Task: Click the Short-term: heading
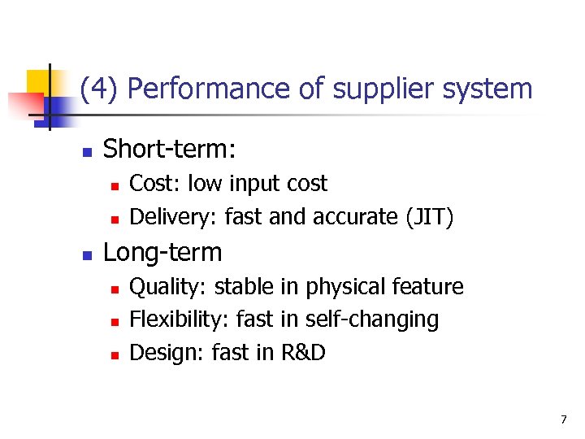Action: point(169,149)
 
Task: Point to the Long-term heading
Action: point(162,252)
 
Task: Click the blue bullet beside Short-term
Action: point(86,150)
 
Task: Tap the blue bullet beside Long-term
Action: point(86,254)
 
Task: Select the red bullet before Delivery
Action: point(115,219)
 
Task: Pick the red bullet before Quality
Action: point(115,289)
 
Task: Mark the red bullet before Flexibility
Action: point(115,321)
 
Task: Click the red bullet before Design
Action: point(115,354)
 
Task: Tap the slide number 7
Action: point(563,419)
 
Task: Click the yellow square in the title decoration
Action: point(37,81)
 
